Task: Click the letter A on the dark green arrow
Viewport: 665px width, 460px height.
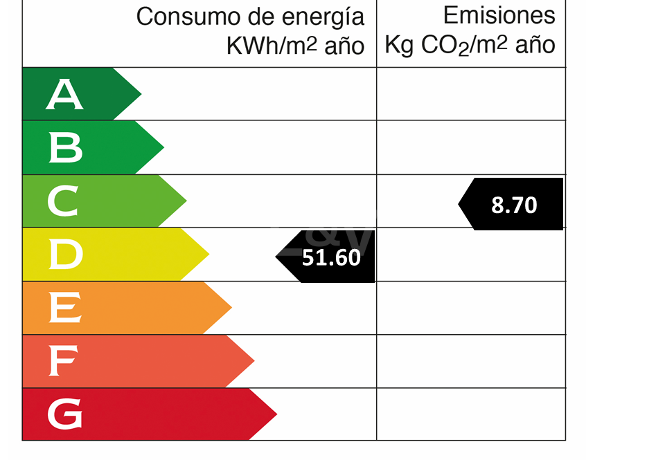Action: click(x=64, y=95)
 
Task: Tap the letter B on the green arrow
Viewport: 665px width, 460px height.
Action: click(x=65, y=148)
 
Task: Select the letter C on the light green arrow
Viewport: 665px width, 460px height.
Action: click(x=63, y=201)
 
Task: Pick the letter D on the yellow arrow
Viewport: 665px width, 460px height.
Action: click(x=65, y=255)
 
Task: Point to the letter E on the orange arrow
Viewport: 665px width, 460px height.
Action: click(x=64, y=309)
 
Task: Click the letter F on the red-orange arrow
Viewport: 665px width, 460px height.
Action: click(x=62, y=362)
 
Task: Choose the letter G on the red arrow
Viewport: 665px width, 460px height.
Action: click(x=64, y=415)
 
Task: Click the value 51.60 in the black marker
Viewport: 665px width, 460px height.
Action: click(x=331, y=257)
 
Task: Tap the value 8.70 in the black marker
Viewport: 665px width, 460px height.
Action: click(x=514, y=205)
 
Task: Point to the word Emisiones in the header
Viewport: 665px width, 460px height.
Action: click(x=499, y=15)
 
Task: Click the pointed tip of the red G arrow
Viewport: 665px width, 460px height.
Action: click(x=276, y=414)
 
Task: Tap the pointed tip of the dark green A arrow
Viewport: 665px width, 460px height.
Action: click(x=141, y=94)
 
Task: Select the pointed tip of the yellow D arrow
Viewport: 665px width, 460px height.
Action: click(x=209, y=255)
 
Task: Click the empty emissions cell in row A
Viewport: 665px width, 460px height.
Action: click(x=471, y=94)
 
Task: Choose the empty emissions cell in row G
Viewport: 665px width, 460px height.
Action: click(x=471, y=414)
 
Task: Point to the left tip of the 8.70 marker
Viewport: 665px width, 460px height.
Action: click(x=459, y=204)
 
